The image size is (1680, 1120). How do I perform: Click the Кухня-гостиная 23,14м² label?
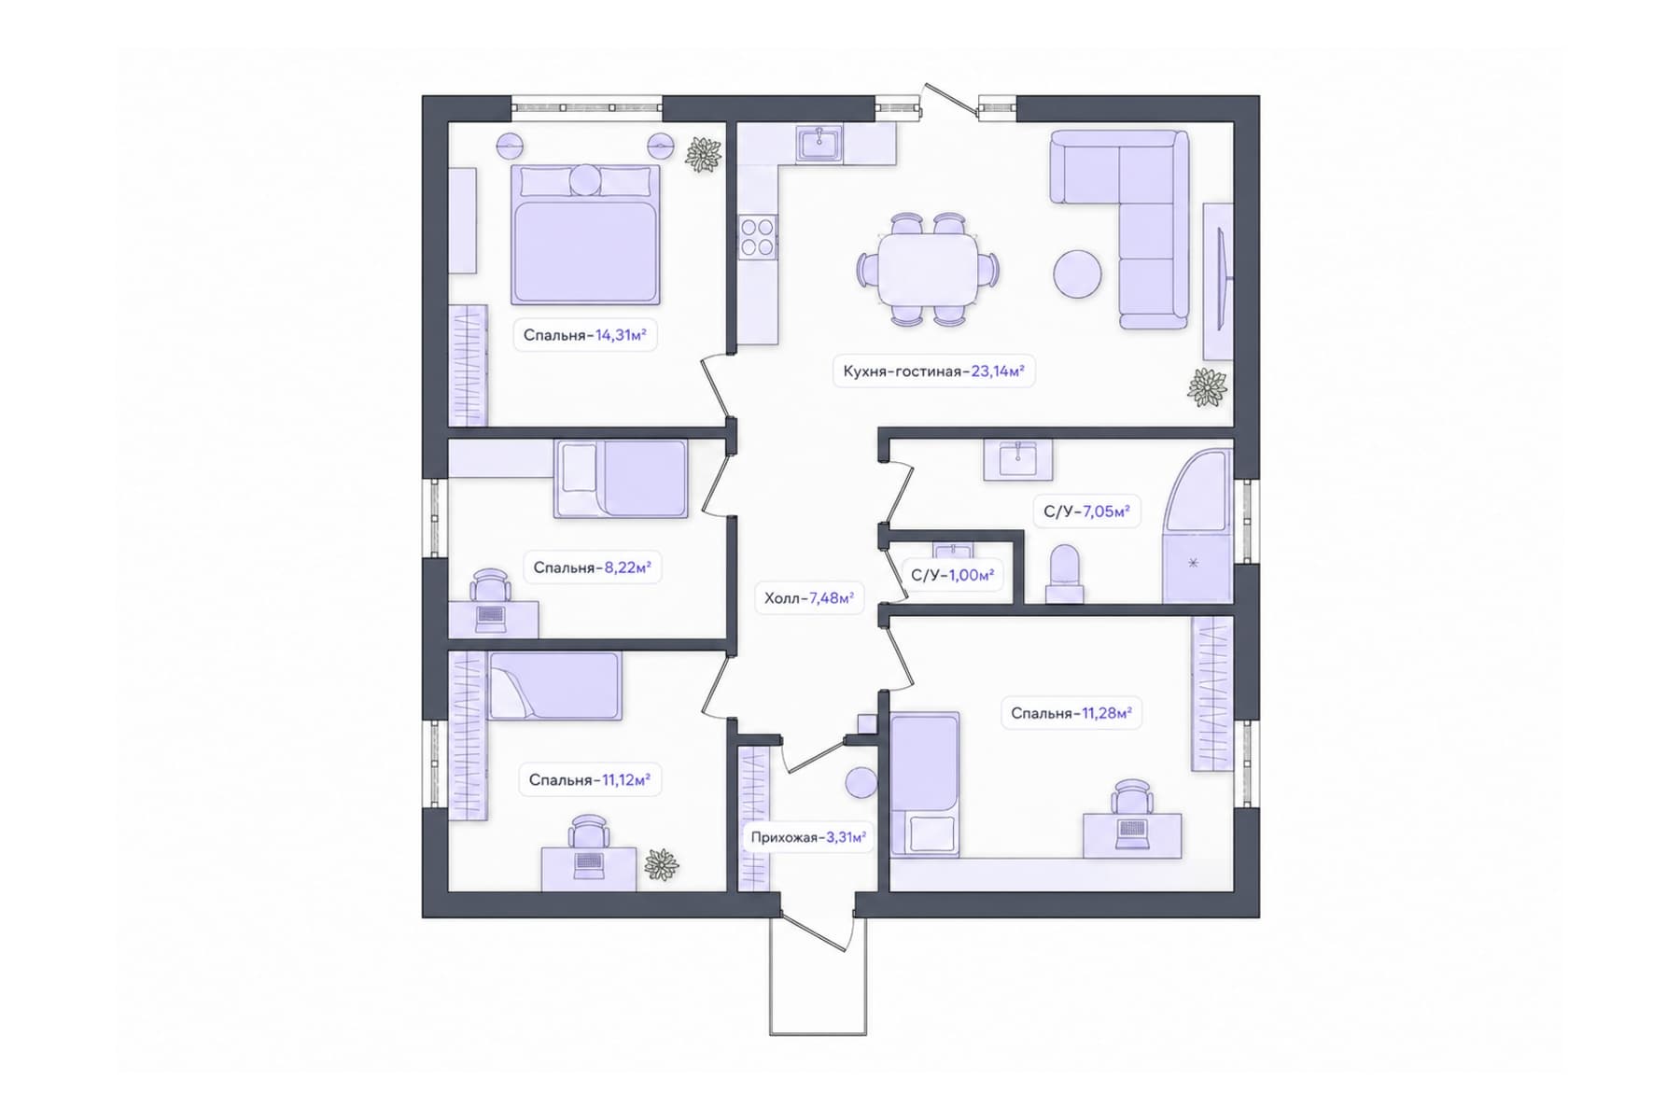coord(933,371)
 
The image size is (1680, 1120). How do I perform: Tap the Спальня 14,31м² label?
coord(585,335)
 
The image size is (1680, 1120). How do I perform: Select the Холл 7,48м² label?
coord(809,598)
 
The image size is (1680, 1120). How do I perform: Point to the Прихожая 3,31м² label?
coord(808,837)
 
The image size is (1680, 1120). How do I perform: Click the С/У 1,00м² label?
coord(952,575)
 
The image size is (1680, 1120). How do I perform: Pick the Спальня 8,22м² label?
coord(592,567)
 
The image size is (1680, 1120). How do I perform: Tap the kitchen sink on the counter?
coord(820,145)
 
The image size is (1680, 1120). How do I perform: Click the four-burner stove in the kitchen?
coord(757,235)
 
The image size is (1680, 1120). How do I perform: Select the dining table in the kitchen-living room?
coord(927,269)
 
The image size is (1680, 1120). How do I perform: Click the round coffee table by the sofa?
coord(1077,273)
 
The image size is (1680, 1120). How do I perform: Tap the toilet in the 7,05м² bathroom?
coord(1064,574)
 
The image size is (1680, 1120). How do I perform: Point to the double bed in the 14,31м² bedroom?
coord(585,234)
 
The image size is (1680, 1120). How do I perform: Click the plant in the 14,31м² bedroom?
coord(703,154)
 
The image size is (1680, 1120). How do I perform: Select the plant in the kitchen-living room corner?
coord(1207,387)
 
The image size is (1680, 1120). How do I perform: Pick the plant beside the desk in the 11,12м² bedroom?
coord(662,865)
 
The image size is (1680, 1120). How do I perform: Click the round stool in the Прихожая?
coord(861,783)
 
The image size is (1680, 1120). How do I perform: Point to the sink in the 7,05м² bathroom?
coord(1017,458)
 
